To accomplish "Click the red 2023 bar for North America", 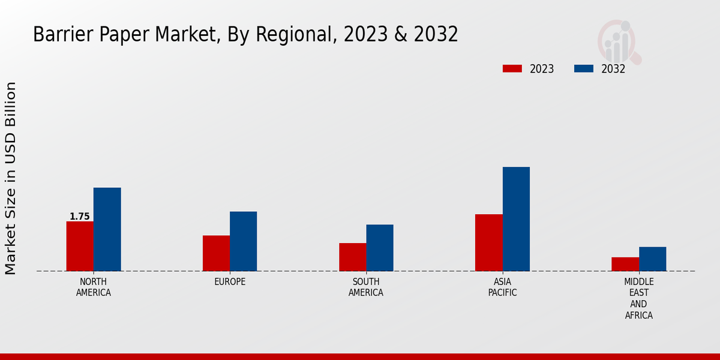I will [x=80, y=246].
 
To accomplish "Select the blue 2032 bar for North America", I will [x=107, y=229].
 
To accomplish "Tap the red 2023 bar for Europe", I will [x=216, y=253].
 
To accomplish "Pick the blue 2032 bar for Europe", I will [x=243, y=241].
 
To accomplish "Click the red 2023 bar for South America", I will [x=352, y=257].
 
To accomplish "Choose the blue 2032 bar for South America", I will [x=380, y=248].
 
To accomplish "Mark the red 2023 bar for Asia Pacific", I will [x=488, y=242].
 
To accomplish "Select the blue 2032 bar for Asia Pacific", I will [x=516, y=219].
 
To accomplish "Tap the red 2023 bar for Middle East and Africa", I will [x=625, y=264].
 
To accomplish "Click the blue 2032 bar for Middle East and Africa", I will [x=652, y=259].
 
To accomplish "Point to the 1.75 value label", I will [x=80, y=217].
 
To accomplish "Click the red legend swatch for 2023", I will [x=512, y=68].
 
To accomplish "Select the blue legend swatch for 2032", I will [x=583, y=68].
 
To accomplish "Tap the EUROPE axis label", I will [x=230, y=281].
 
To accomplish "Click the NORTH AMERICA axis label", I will [x=94, y=287].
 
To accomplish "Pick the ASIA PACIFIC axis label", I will [x=502, y=287].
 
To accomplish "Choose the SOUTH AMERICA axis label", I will [x=366, y=287].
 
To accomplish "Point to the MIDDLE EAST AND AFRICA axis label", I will [x=638, y=298].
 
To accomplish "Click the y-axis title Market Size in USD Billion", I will [x=11, y=178].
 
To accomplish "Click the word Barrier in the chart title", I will [x=56, y=35].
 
